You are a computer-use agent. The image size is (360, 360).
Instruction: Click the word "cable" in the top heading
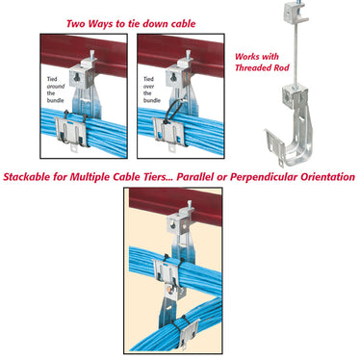pyautogui.click(x=183, y=24)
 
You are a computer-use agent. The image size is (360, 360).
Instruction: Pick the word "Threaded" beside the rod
pyautogui.click(x=248, y=67)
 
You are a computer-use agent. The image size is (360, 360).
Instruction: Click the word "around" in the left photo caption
pyautogui.click(x=56, y=87)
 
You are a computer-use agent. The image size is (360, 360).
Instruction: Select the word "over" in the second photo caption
pyautogui.click(x=148, y=87)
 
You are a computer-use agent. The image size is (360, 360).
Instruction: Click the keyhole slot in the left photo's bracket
pyautogui.click(x=77, y=77)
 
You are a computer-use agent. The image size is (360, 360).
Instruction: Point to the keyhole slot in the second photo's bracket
pyautogui.click(x=173, y=77)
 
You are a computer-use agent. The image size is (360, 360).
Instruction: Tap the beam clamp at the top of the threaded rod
pyautogui.click(x=296, y=13)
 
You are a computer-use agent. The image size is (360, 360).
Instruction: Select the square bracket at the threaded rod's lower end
pyautogui.click(x=292, y=94)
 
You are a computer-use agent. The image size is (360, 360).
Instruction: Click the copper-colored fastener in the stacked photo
pyautogui.click(x=169, y=291)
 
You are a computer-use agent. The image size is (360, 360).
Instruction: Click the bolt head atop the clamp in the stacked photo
pyautogui.click(x=190, y=204)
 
